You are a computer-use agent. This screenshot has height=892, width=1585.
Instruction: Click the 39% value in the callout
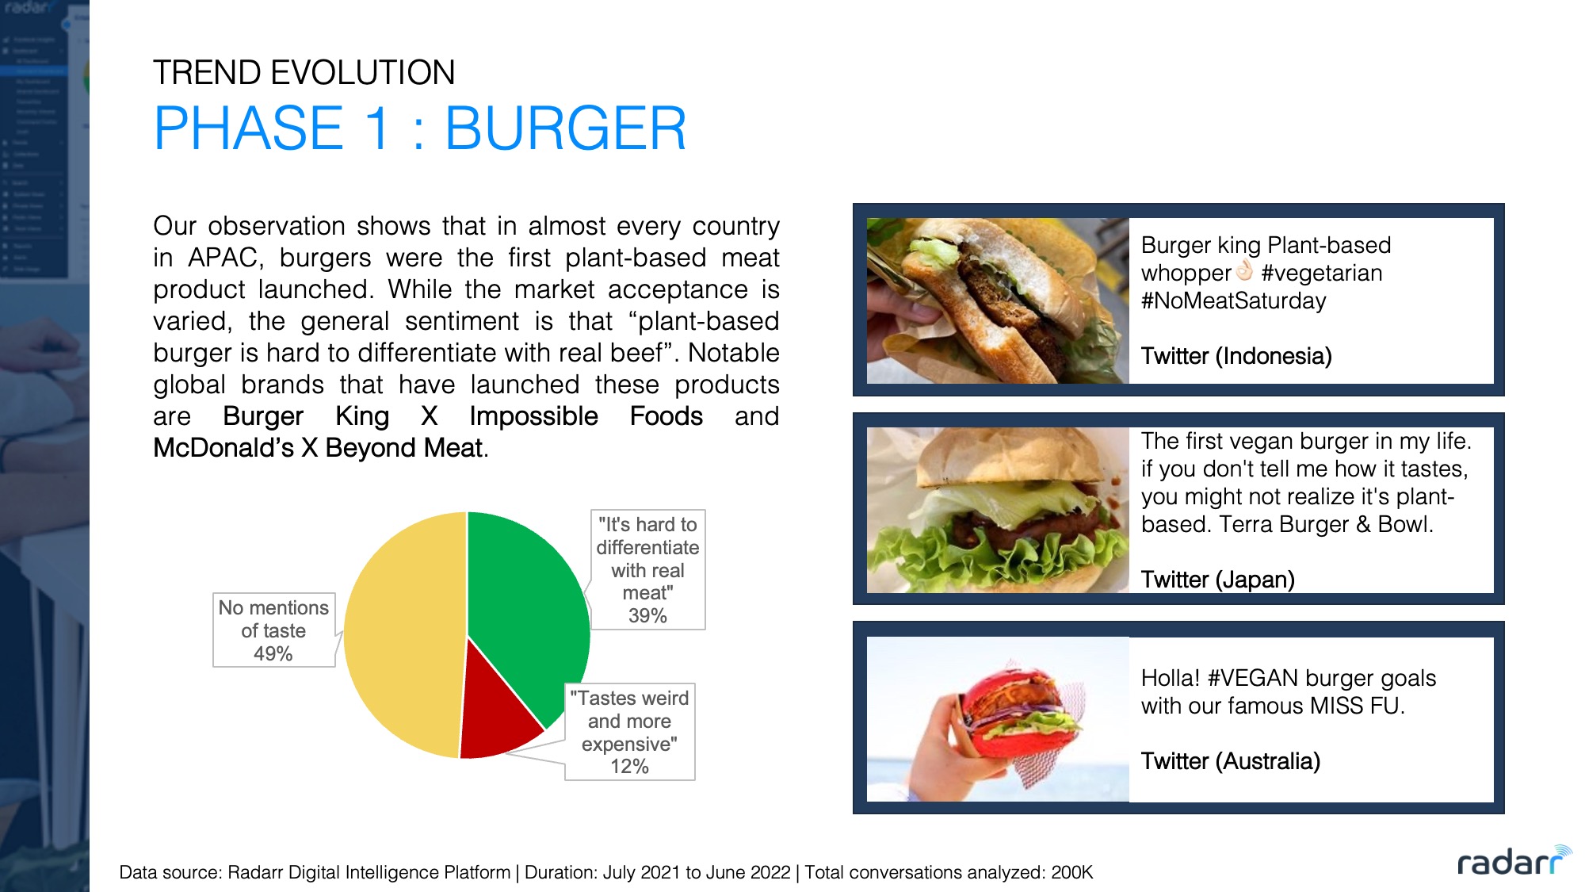point(647,616)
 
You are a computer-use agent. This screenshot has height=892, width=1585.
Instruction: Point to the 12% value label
point(629,767)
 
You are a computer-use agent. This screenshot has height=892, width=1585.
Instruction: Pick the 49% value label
point(273,654)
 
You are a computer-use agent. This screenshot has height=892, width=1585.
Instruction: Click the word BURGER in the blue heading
point(565,128)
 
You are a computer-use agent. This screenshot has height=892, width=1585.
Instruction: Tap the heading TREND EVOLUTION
point(304,73)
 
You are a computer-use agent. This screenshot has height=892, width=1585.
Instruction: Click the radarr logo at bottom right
point(1514,861)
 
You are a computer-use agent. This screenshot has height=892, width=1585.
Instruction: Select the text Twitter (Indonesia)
point(1236,356)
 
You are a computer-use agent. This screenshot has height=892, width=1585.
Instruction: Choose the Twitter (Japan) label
point(1218,580)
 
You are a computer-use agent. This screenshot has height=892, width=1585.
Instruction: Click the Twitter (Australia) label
point(1231,761)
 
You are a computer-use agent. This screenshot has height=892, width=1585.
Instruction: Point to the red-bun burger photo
point(998,719)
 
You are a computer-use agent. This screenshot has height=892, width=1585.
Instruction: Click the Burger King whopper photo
point(998,301)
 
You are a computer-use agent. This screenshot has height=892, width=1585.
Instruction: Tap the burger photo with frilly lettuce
point(998,510)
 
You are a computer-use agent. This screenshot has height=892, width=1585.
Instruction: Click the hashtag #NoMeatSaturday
point(1234,301)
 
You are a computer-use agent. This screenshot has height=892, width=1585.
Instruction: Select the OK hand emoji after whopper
point(1245,271)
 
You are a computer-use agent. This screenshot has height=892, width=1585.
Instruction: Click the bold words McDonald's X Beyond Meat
point(318,448)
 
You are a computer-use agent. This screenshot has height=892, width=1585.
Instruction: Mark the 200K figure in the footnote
point(1072,873)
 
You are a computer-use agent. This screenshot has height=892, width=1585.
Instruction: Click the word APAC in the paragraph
point(225,258)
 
